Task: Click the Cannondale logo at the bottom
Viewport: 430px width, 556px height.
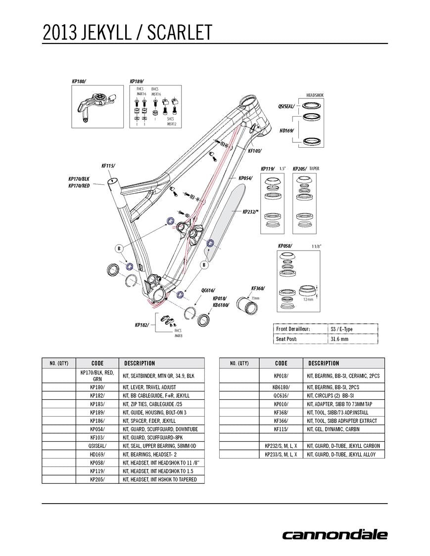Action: point(334,534)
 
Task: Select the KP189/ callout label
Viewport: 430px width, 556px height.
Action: point(136,81)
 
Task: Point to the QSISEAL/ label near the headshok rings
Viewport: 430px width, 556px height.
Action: point(287,106)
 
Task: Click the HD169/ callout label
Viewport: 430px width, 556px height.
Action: point(287,130)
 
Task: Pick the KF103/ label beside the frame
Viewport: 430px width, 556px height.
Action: point(254,151)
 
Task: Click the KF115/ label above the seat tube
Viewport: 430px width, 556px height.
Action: point(108,167)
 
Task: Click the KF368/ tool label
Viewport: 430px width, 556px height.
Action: point(258,288)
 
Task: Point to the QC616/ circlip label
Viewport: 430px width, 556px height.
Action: point(208,291)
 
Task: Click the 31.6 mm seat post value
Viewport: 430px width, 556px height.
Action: point(339,339)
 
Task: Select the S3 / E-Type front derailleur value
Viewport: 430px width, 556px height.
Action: point(341,329)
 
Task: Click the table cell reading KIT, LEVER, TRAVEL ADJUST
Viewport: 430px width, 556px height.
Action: point(149,387)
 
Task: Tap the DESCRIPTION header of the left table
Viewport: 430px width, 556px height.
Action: point(140,363)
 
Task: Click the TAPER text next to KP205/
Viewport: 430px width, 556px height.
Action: point(314,169)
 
